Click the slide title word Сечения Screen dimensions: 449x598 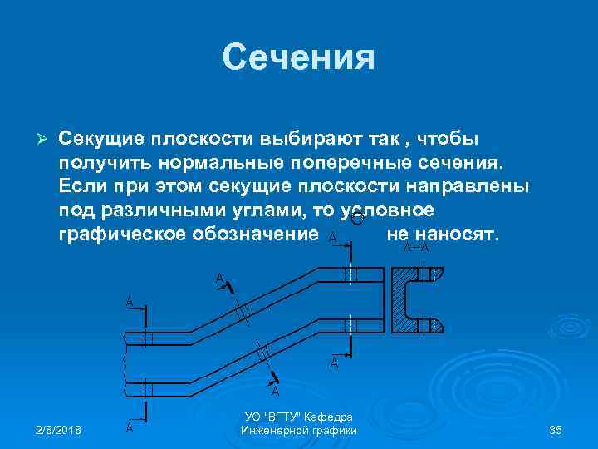pos(299,58)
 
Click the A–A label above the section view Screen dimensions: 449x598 pos(415,246)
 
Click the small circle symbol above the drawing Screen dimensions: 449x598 pos(356,218)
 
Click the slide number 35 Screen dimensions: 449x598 pos(556,429)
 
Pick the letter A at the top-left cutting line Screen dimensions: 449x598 pos(130,300)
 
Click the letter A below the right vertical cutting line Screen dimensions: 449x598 pos(334,363)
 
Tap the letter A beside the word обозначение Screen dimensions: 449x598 pos(332,238)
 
